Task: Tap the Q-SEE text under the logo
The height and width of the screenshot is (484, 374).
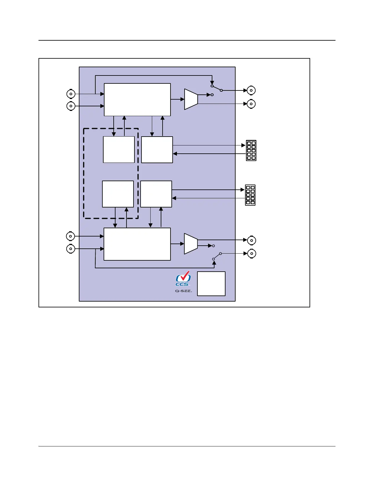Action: (x=183, y=291)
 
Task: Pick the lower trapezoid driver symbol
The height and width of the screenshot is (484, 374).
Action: (x=191, y=244)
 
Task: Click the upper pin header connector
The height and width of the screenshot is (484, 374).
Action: (x=251, y=150)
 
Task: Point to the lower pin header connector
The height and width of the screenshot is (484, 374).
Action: (x=250, y=195)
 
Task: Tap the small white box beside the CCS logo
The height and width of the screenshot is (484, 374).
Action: (x=211, y=284)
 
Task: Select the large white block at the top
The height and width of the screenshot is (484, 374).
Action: (x=137, y=100)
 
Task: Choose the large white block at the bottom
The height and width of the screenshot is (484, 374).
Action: (x=137, y=244)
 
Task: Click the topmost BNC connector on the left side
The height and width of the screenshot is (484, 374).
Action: (x=71, y=94)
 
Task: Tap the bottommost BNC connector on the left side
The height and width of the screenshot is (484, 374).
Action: (x=71, y=249)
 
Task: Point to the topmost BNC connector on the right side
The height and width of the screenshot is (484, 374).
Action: (x=251, y=90)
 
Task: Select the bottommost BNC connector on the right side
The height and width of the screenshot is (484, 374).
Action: (x=251, y=254)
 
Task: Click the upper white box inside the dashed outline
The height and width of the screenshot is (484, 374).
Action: (x=119, y=149)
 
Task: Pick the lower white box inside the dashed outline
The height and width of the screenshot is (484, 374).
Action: (x=118, y=194)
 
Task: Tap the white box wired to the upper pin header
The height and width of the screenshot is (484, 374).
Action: (x=157, y=149)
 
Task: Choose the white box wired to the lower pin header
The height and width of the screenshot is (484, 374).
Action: (x=156, y=194)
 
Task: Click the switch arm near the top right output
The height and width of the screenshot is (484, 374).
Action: (x=217, y=88)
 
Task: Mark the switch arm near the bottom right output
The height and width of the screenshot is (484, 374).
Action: (x=217, y=256)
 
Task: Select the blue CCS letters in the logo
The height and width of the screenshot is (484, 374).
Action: (x=182, y=284)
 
